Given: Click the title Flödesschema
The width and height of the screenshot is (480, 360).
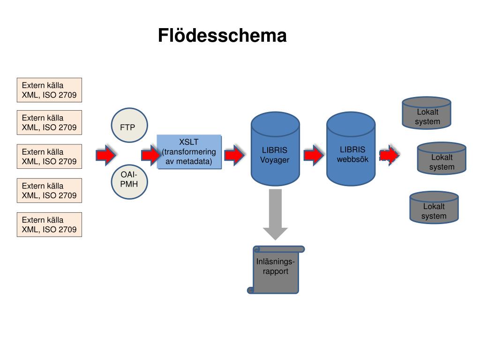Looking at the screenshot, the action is tap(222, 36).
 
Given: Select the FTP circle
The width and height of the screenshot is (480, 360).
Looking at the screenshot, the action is tap(129, 125).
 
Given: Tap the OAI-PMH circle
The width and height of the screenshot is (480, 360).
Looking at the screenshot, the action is tap(129, 182).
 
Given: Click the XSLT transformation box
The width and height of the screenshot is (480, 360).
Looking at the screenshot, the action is tap(189, 152).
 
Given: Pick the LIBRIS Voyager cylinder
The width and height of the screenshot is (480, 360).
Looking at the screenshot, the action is tap(275, 149).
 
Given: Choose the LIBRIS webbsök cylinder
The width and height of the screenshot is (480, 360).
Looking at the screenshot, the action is tap(351, 149).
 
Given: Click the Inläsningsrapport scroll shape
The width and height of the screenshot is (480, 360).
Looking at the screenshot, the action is tap(276, 270).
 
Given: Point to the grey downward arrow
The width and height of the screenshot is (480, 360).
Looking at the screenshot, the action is tap(275, 214).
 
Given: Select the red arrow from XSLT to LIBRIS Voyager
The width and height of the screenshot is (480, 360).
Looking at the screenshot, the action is tap(234, 155).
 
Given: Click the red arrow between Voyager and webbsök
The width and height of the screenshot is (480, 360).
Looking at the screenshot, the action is tap(314, 155).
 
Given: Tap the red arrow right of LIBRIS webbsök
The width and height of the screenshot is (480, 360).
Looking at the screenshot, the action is tap(390, 155).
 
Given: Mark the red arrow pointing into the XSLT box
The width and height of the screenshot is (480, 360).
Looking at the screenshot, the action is tap(151, 155).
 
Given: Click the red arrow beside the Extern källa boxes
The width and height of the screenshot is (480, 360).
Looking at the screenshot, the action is tap(106, 155).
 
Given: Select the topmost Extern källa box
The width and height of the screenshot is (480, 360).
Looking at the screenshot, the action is tap(49, 90).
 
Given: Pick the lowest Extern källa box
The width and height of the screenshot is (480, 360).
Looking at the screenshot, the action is tap(49, 225).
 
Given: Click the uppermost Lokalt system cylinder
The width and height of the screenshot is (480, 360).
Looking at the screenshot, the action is tap(427, 113).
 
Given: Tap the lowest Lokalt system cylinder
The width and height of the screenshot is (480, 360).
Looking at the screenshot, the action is tap(434, 208).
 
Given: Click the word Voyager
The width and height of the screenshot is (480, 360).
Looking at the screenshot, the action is tap(275, 160).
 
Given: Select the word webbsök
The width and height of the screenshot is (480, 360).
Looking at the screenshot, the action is tap(352, 159).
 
